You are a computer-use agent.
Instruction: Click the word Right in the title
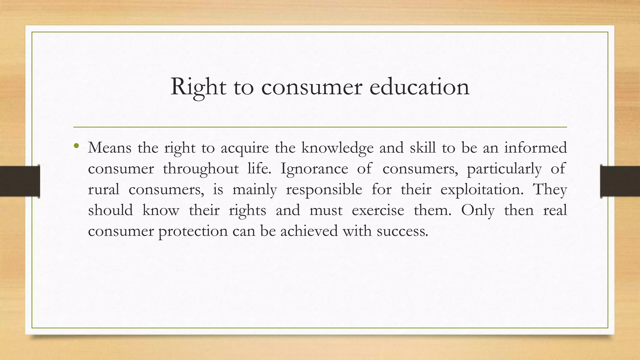[x=198, y=87]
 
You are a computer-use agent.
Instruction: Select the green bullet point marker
[x=76, y=146]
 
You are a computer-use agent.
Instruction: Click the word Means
[x=110, y=147]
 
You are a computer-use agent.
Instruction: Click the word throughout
[x=201, y=169]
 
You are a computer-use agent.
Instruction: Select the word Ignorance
[x=314, y=169]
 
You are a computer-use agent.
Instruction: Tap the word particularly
[x=504, y=169]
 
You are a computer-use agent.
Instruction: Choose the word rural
[x=103, y=189]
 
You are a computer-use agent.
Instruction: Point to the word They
[x=550, y=190]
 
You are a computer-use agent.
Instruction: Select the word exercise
[x=378, y=210]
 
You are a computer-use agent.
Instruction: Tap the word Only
[x=478, y=210]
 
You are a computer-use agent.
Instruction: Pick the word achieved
[x=309, y=231]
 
